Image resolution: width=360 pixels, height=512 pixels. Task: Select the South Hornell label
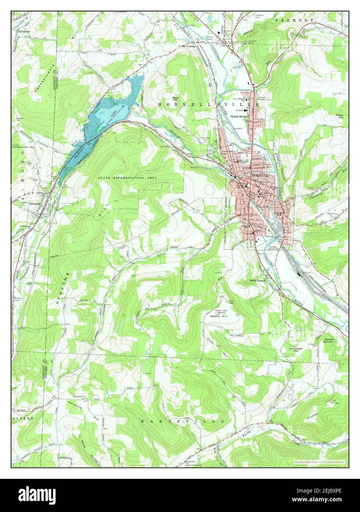coord(258,280)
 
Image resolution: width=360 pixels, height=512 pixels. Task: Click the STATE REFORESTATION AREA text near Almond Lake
coord(127,178)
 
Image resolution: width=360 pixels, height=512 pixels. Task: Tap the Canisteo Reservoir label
coord(331,340)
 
